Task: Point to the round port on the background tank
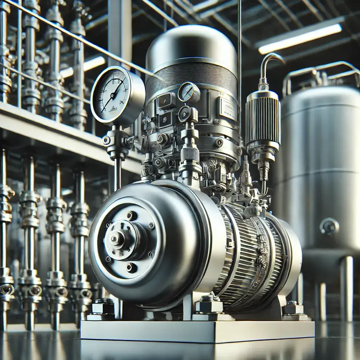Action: point(329,226)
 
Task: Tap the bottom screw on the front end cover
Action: point(131,268)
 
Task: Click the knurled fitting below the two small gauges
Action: point(190,154)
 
